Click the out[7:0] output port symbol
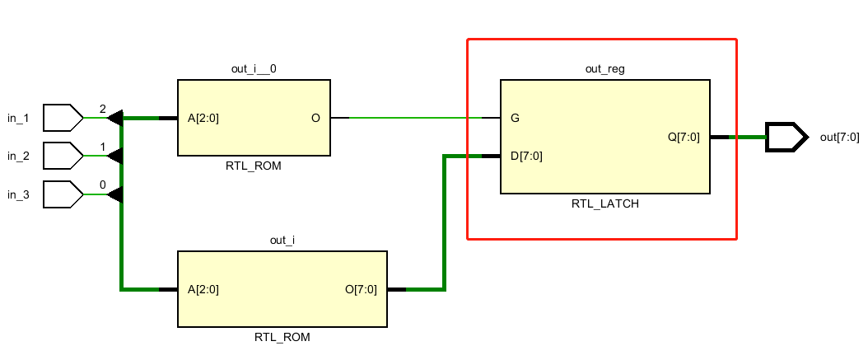pyautogui.click(x=783, y=137)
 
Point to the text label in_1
pyautogui.click(x=18, y=119)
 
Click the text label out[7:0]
pyautogui.click(x=839, y=137)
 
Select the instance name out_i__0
pyautogui.click(x=254, y=69)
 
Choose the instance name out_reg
pyautogui.click(x=604, y=69)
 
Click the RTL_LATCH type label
pyautogui.click(x=604, y=204)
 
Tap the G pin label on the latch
pyautogui.click(x=515, y=118)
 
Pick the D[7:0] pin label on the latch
pyautogui.click(x=526, y=156)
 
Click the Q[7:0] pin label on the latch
pyautogui.click(x=684, y=137)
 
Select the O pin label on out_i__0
pyautogui.click(x=315, y=118)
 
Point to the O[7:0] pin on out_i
pyautogui.click(x=361, y=289)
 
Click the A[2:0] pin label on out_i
pyautogui.click(x=203, y=289)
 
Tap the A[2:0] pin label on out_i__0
pyautogui.click(x=203, y=118)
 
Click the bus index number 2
pyautogui.click(x=102, y=109)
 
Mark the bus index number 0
pyautogui.click(x=102, y=185)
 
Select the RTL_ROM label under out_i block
pyautogui.click(x=282, y=337)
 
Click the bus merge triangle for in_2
pyautogui.click(x=115, y=156)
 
